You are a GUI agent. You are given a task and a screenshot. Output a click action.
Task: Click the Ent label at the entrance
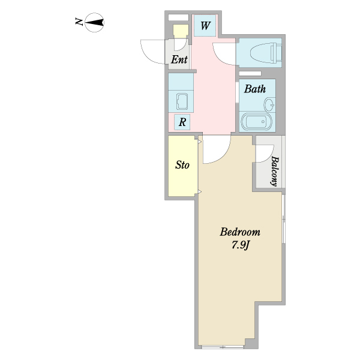pyautogui.click(x=179, y=59)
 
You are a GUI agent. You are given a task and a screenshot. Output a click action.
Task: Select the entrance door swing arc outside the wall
pyautogui.click(x=152, y=48)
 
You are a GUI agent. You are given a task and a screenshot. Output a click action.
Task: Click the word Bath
pyautogui.click(x=254, y=89)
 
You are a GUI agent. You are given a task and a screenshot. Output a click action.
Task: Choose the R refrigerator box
pyautogui.click(x=182, y=122)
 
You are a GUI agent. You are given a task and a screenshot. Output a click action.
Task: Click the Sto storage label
pyautogui.click(x=182, y=165)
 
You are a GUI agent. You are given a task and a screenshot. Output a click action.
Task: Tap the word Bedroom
pyautogui.click(x=239, y=232)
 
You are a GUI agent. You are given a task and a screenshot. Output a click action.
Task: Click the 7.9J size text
pyautogui.click(x=239, y=245)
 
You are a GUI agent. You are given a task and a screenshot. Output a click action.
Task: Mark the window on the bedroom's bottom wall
pyautogui.click(x=222, y=347)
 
